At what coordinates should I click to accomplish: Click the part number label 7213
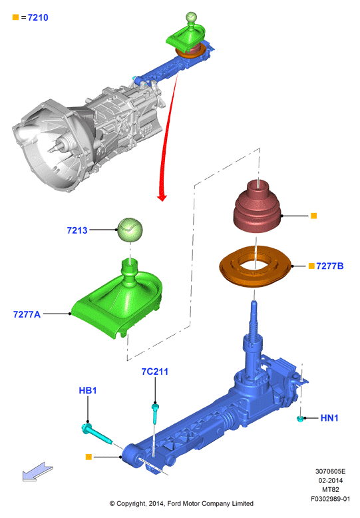point(77,230)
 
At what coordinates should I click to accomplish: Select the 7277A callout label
point(27,314)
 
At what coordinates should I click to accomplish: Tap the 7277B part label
point(329,266)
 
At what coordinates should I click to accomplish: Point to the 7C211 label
point(155,372)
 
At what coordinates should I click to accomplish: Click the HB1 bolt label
point(88,390)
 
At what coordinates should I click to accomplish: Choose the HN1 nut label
point(329,418)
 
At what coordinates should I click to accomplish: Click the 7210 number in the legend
point(38,17)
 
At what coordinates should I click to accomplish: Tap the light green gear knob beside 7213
point(130,230)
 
